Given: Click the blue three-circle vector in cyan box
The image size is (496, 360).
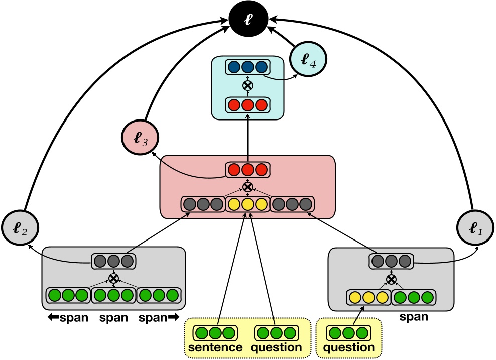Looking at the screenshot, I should click(x=247, y=67).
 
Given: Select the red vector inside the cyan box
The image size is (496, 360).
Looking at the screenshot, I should click(x=247, y=105).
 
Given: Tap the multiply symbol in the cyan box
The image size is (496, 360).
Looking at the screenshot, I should click(x=247, y=86).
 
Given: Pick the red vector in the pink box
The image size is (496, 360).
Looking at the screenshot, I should click(x=247, y=170).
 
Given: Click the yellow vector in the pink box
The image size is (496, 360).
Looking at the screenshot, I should click(x=247, y=204).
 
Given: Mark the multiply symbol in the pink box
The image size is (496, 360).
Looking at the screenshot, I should click(x=247, y=187).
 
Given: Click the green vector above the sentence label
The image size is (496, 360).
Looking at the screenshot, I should click(x=215, y=333).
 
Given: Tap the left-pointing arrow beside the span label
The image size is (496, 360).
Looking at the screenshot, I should click(x=53, y=318).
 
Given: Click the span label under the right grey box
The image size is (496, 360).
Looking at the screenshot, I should click(x=414, y=317).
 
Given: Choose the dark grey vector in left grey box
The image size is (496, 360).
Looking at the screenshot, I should click(x=113, y=261).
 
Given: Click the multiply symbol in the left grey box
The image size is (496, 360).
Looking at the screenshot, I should click(x=113, y=278).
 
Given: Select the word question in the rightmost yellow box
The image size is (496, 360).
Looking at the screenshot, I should click(x=349, y=347).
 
